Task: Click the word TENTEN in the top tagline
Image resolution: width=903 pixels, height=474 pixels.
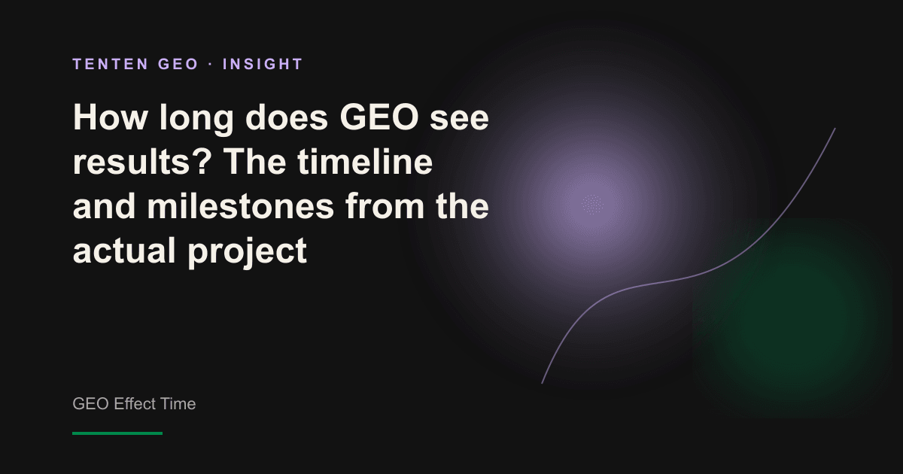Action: [111, 64]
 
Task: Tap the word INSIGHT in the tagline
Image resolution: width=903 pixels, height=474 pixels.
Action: [263, 64]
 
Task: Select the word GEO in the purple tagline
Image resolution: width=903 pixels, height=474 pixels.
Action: [178, 64]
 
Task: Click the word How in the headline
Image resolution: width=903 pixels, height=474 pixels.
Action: [110, 117]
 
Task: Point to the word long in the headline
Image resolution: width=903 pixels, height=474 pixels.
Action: [196, 120]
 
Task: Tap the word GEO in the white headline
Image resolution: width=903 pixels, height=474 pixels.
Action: [379, 117]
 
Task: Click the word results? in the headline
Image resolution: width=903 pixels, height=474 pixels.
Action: [142, 162]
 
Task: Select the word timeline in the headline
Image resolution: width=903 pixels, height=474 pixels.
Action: [365, 161]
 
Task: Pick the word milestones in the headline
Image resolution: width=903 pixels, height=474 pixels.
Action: [241, 205]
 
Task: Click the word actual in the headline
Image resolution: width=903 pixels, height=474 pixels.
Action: [124, 250]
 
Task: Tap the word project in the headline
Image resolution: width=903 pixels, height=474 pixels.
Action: [248, 253]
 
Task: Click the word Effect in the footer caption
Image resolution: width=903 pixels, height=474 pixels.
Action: [135, 403]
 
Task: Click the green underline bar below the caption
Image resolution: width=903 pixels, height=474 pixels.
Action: [117, 433]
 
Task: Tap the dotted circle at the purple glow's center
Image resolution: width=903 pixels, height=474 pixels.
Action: [593, 205]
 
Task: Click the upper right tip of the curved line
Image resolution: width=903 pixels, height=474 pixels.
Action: [835, 129]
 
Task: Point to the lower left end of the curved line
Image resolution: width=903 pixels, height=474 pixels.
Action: [542, 383]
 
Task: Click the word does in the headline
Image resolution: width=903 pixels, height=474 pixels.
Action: [287, 117]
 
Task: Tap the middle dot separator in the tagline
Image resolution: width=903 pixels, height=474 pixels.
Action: [211, 65]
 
